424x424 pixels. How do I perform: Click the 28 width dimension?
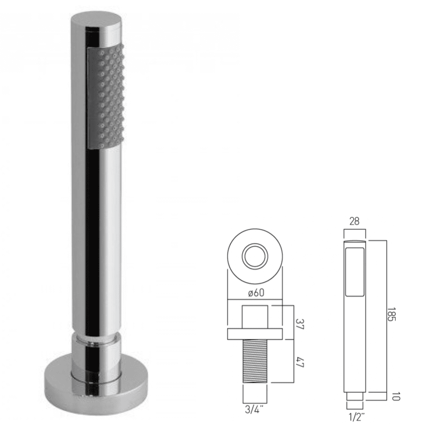[x=354, y=222]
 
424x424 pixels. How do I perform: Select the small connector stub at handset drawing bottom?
[x=355, y=404]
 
